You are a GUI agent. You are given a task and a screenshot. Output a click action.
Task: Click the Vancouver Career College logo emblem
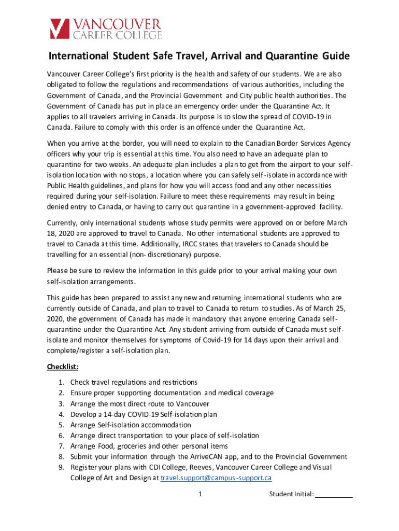point(59,29)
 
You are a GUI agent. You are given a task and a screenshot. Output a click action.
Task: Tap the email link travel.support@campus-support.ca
point(216,478)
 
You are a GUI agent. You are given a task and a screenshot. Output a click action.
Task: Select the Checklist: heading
point(63,367)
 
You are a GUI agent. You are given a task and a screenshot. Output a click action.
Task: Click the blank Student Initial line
point(334,494)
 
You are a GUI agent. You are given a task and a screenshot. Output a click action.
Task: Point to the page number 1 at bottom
point(199,494)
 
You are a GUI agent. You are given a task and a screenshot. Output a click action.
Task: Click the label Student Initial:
point(291,494)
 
